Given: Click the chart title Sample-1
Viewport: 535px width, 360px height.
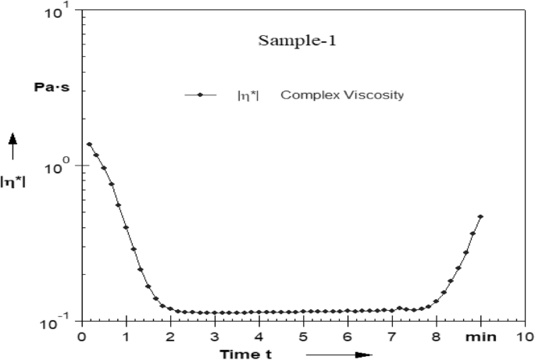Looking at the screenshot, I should pyautogui.click(x=290, y=41).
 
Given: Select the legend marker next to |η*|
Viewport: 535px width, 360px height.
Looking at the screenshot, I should pyautogui.click(x=201, y=95).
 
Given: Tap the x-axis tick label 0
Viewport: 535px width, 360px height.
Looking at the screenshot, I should pyautogui.click(x=81, y=337).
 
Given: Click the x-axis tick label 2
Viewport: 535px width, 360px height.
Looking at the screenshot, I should pyautogui.click(x=169, y=337).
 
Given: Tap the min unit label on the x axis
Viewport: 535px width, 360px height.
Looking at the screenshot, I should pyautogui.click(x=479, y=337).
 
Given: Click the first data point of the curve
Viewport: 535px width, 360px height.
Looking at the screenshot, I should pyautogui.click(x=89, y=144).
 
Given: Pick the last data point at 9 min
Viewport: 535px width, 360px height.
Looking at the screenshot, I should pyautogui.click(x=480, y=217).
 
